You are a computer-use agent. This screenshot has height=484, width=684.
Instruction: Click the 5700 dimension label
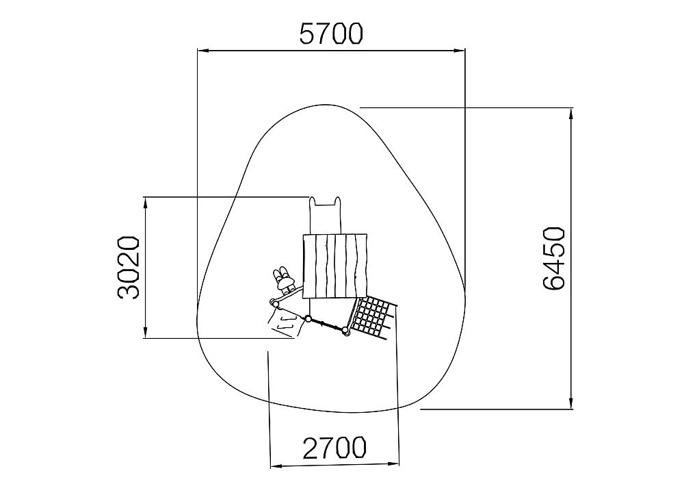pos(331,34)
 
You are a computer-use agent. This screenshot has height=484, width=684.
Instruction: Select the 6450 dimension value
pos(555,258)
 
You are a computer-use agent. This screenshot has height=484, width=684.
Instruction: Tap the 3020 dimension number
pos(129,268)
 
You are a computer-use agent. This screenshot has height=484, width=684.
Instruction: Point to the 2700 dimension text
pos(334,447)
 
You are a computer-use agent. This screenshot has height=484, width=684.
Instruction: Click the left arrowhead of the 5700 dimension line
pos(203,51)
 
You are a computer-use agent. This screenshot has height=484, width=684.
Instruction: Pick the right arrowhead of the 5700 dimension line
pos(460,51)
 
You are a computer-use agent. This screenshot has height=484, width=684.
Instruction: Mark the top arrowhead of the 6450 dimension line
pos(571,114)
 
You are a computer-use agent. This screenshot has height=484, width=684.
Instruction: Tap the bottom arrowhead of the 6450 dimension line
pos(571,403)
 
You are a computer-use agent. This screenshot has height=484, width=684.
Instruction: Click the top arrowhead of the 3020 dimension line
pos(145,203)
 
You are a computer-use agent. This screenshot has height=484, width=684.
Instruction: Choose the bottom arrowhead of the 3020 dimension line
pos(145,332)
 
